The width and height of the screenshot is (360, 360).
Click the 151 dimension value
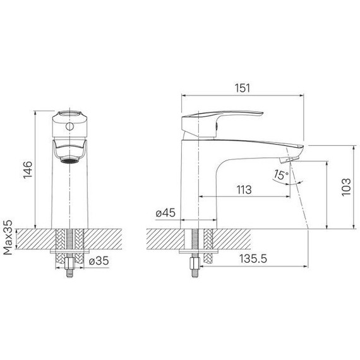pos(242,88)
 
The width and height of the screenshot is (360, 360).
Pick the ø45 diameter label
pos(165,214)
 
